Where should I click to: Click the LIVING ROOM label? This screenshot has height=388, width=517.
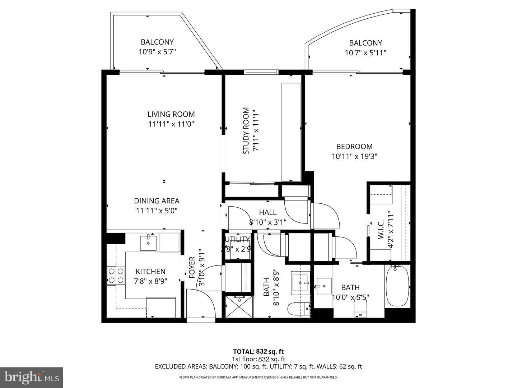[x=171, y=114]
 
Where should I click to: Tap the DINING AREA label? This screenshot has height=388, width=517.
[x=157, y=201]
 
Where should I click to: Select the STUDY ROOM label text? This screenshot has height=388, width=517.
[x=246, y=131]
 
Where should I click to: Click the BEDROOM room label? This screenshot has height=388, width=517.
[x=354, y=146]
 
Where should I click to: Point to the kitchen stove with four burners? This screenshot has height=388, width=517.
[x=116, y=276]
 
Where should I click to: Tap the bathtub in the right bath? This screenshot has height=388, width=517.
[x=397, y=286]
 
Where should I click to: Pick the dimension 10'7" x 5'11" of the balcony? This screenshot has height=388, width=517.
[x=365, y=53]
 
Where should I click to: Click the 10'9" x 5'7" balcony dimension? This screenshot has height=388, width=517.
[x=157, y=52]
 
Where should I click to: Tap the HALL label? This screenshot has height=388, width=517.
[x=267, y=212]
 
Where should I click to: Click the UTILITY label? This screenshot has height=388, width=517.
[x=237, y=239]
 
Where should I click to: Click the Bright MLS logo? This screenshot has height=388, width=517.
[x=32, y=377]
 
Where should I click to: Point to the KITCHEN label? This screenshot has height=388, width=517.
[x=150, y=272]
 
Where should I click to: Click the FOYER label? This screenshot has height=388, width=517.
[x=192, y=267]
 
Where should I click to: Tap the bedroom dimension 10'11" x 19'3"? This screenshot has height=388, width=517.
[x=354, y=156]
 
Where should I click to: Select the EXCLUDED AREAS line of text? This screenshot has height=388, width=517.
[x=258, y=366]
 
